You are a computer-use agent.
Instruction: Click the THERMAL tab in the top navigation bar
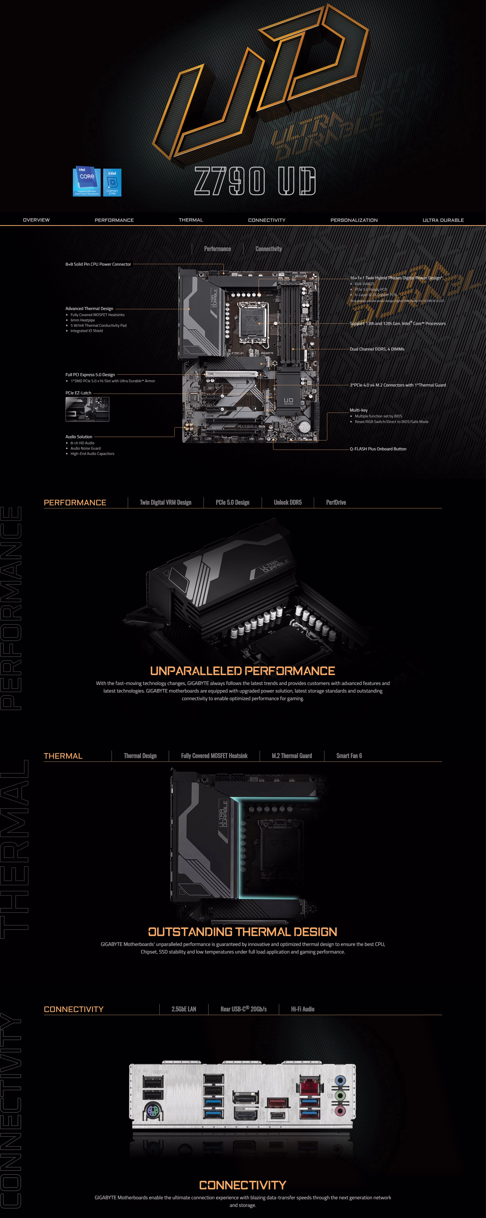click(x=191, y=220)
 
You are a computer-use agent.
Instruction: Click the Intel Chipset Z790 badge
click(x=112, y=183)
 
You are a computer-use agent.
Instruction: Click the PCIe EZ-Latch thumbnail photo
click(x=87, y=409)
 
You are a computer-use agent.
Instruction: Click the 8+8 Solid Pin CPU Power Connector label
click(x=98, y=264)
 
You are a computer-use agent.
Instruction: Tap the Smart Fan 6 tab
click(x=349, y=756)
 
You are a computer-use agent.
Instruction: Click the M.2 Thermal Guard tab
click(x=292, y=756)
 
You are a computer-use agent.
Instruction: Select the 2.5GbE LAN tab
click(x=184, y=1009)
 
